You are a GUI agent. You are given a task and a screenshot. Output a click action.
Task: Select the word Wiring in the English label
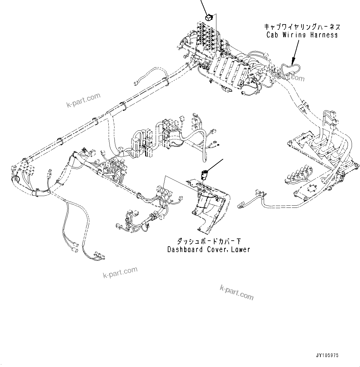tap(294, 35)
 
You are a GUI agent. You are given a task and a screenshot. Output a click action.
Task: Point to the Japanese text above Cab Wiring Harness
tap(301, 27)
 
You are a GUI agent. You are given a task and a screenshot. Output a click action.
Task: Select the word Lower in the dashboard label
tap(241, 249)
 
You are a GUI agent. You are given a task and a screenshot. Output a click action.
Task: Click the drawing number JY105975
tap(327, 355)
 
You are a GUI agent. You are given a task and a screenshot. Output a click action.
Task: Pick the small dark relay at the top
tap(209, 17)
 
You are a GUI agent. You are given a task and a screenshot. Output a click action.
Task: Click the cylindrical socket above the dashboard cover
tap(204, 175)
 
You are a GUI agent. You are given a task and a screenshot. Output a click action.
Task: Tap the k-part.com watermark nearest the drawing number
tap(236, 293)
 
